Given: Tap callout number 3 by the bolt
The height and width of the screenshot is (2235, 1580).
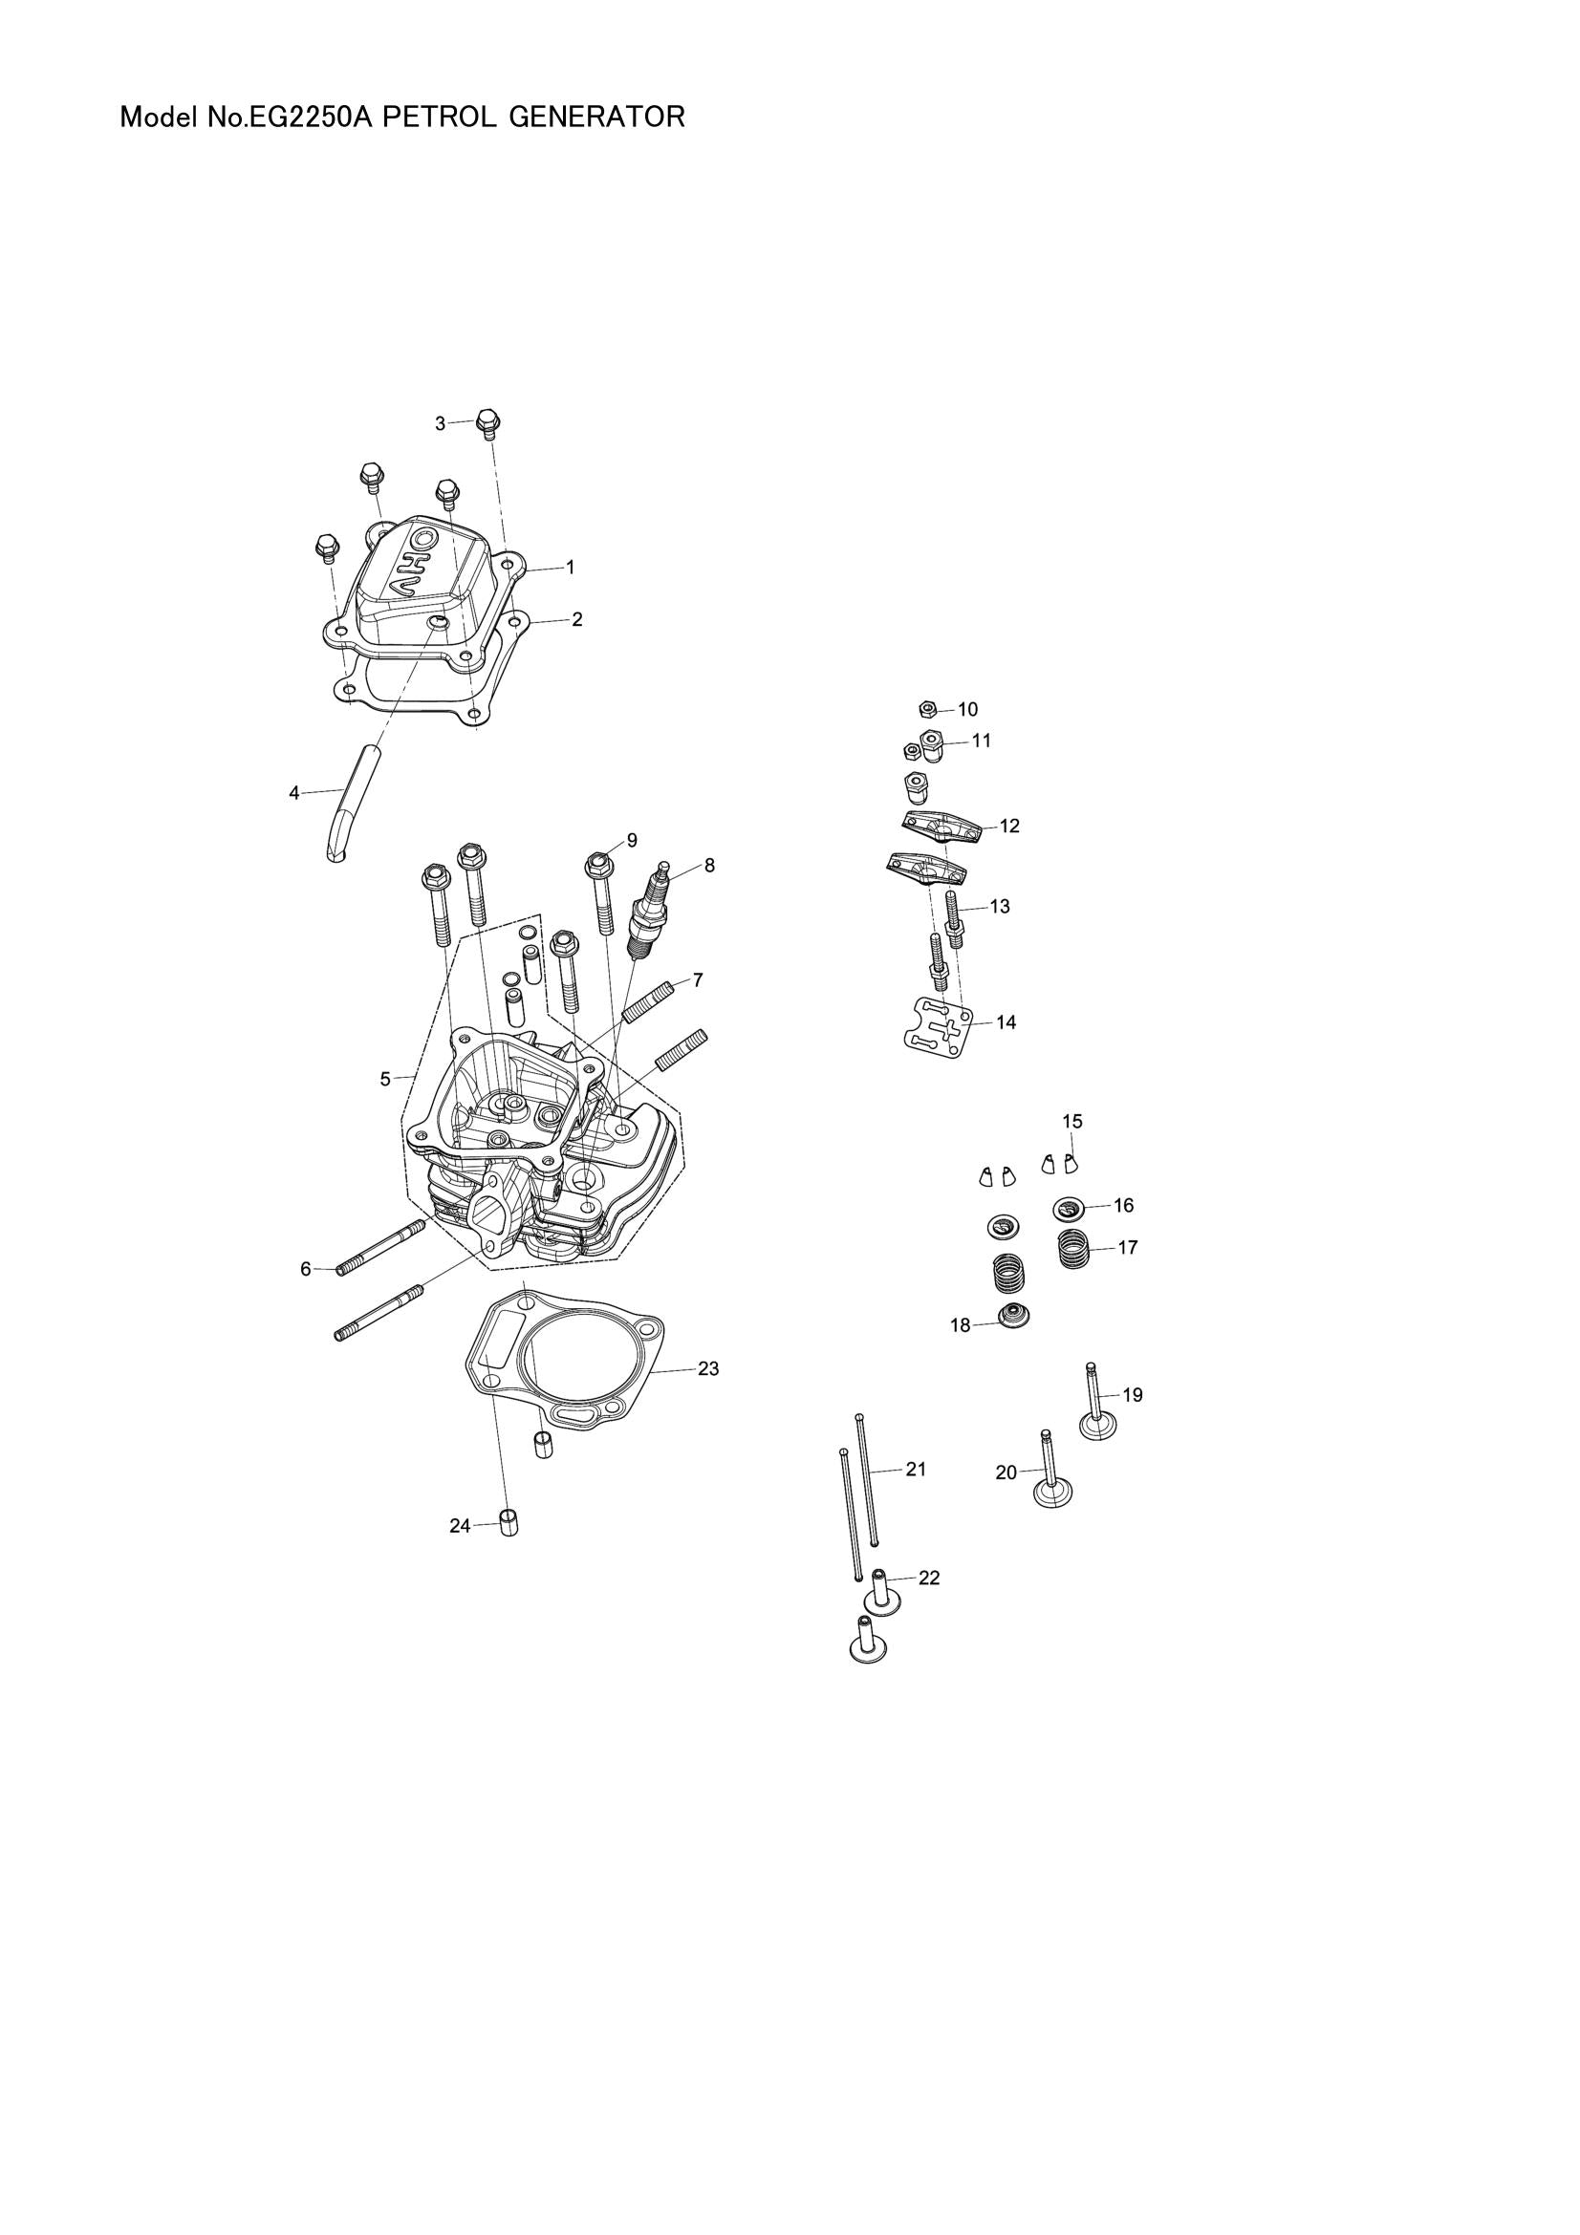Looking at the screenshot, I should pos(440,423).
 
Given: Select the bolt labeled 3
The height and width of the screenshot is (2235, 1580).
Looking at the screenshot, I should pos(489,424).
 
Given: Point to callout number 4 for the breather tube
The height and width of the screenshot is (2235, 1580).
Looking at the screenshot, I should pos(294,793).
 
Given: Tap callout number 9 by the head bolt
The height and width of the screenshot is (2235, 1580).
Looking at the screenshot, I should pos(632,839).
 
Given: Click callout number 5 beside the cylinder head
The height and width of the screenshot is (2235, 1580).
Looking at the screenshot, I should pos(385,1079).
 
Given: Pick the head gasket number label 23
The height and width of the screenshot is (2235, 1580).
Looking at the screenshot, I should pos(707,1368).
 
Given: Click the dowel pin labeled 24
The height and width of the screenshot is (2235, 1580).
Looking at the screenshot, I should pos(508,1522).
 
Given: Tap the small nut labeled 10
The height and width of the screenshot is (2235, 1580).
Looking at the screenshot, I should pos(929,709).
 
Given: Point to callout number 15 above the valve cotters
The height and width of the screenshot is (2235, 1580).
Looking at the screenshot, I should pos(1071,1122).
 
